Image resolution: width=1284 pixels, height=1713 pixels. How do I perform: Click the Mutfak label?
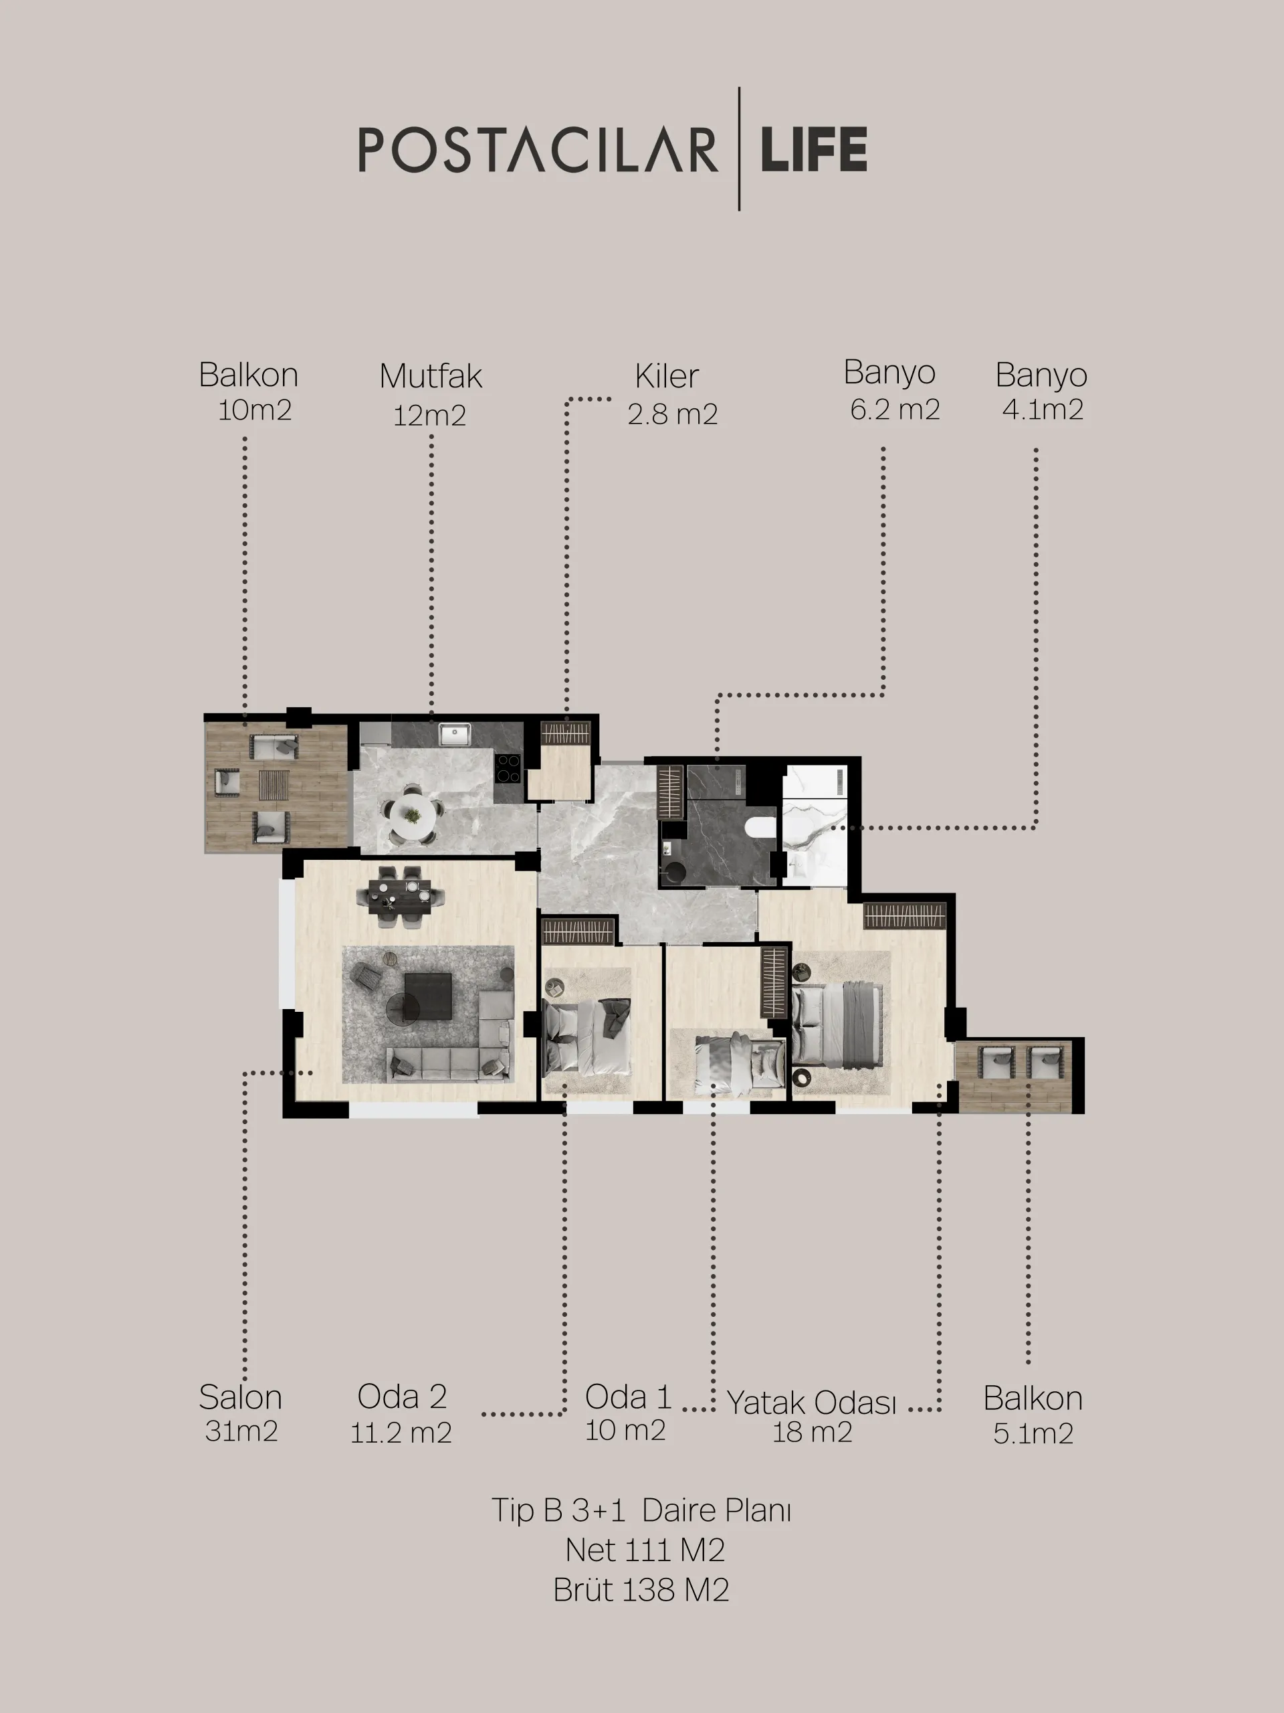pos(430,376)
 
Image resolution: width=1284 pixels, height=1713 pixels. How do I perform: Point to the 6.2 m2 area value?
pos(895,410)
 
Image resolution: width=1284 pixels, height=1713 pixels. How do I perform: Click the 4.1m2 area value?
pos(1043,410)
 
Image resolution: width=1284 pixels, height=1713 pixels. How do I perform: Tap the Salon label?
pos(241,1397)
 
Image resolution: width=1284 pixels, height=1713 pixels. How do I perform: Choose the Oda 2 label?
pos(402,1396)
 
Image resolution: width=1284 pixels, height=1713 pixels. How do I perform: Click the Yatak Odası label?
pos(811,1403)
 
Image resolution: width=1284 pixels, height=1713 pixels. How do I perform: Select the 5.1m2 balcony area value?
pos(1033,1433)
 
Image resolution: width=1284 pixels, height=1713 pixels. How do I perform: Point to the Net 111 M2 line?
pos(645,1550)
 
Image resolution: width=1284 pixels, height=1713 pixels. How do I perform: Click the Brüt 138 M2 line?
pos(641,1590)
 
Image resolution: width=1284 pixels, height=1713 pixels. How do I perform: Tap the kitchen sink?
pos(454,733)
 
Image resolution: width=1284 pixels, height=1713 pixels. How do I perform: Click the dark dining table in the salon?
pos(400,895)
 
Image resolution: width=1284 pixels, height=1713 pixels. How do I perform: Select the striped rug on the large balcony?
pos(274,784)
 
